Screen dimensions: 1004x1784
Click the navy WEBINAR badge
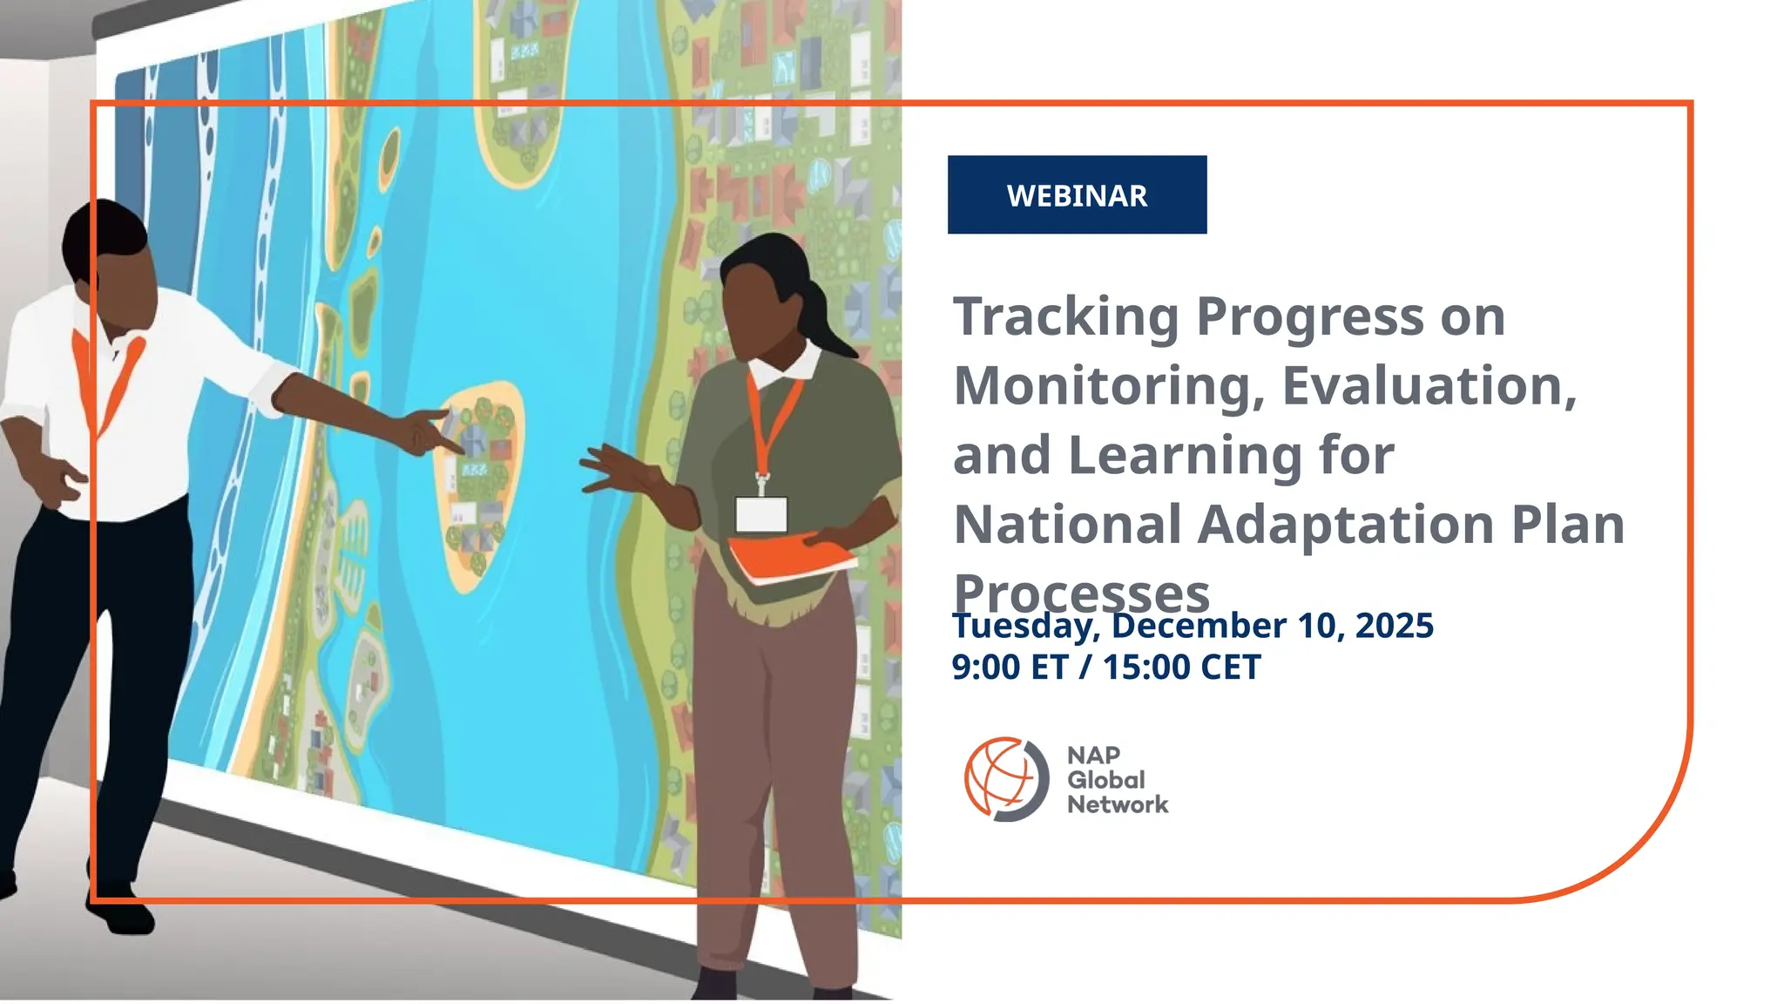point(1077,194)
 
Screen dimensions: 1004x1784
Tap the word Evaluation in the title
point(1429,386)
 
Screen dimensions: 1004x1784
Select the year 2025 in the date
point(1394,626)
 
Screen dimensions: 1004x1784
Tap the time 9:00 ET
point(1010,668)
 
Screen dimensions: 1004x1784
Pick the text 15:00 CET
point(1181,668)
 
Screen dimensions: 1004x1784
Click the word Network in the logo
point(1118,804)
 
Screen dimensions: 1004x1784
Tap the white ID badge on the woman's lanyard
point(761,514)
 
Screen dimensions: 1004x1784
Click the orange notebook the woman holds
point(788,559)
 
